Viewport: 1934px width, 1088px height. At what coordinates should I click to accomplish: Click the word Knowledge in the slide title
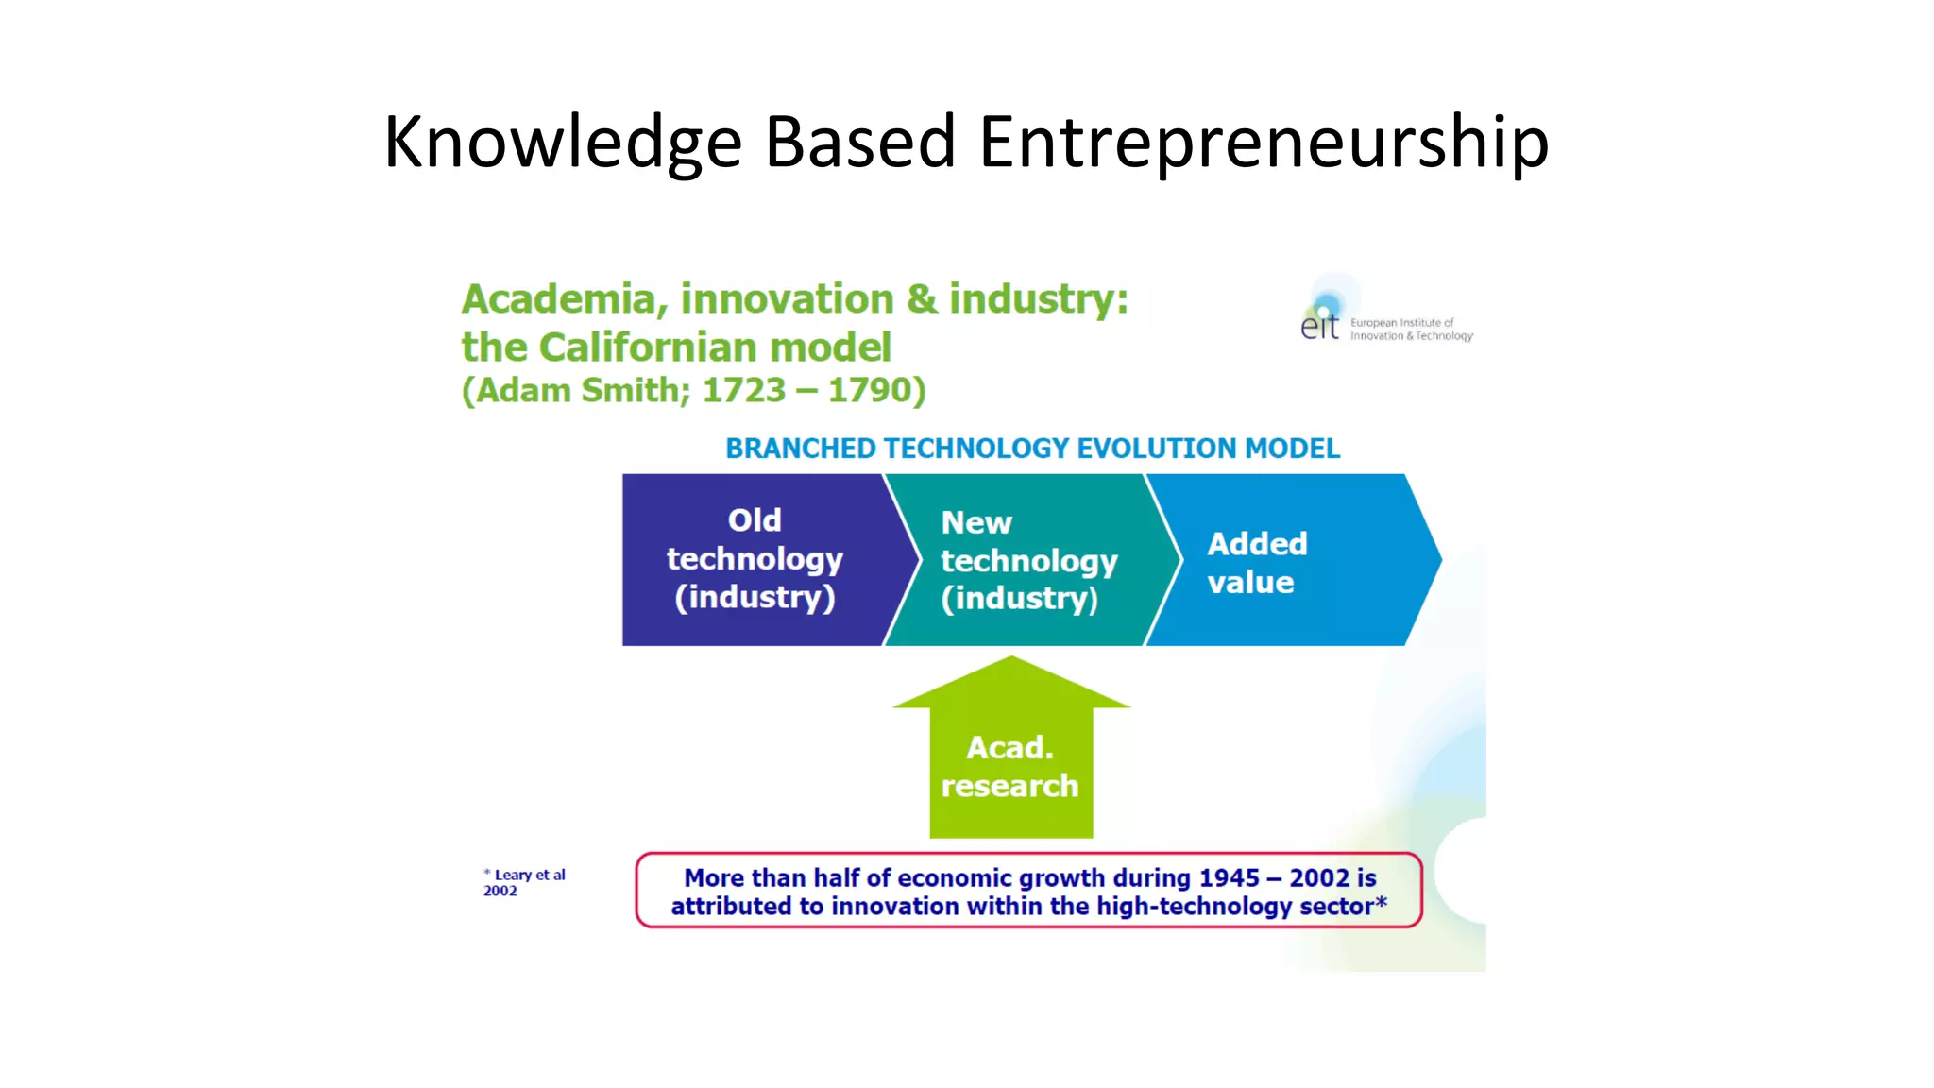pos(563,142)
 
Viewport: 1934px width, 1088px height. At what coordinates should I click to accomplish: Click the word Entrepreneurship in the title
pos(1264,142)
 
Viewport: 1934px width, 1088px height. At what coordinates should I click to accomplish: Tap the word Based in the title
pos(860,142)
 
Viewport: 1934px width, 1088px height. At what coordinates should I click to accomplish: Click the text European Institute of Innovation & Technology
pos(1410,330)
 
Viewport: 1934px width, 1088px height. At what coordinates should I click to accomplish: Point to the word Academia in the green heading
pos(559,299)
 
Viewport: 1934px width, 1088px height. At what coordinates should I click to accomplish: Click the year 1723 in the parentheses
pos(744,390)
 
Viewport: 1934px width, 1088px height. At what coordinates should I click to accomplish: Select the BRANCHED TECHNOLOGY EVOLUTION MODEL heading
pos(1032,449)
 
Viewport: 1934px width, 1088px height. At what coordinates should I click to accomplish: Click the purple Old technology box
pos(754,559)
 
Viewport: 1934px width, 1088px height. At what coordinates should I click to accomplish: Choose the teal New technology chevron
pos(1027,560)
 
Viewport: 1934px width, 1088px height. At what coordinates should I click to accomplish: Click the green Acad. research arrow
pos(1010,756)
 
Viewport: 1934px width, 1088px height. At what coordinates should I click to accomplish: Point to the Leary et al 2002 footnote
pos(524,882)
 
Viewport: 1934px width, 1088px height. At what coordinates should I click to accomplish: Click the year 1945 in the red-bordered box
pos(1229,878)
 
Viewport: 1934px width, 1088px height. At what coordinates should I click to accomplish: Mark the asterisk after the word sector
pos(1381,901)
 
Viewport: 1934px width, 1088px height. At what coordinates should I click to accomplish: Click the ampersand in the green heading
pos(921,299)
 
